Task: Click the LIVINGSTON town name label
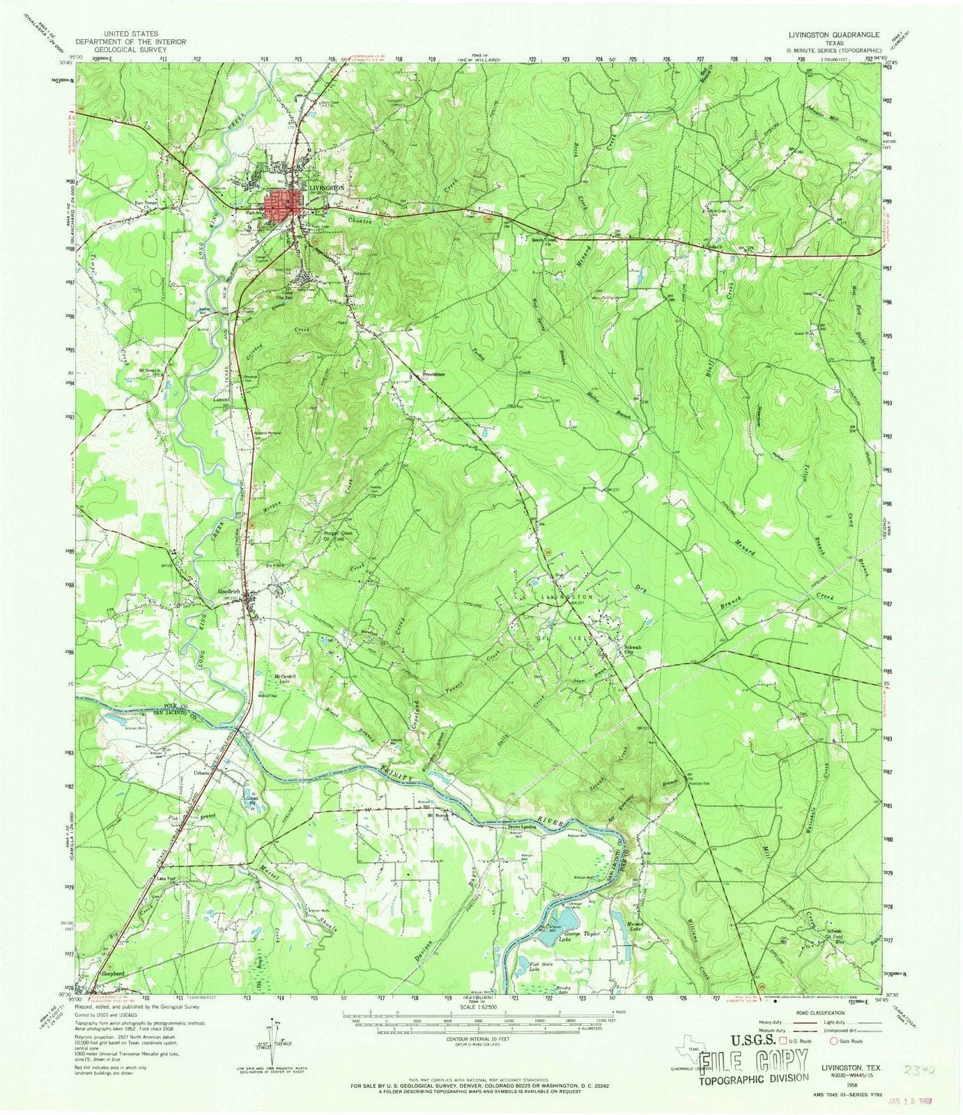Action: click(326, 188)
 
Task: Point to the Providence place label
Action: click(433, 374)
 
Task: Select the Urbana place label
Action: click(201, 774)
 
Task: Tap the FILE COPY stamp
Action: click(754, 1063)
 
